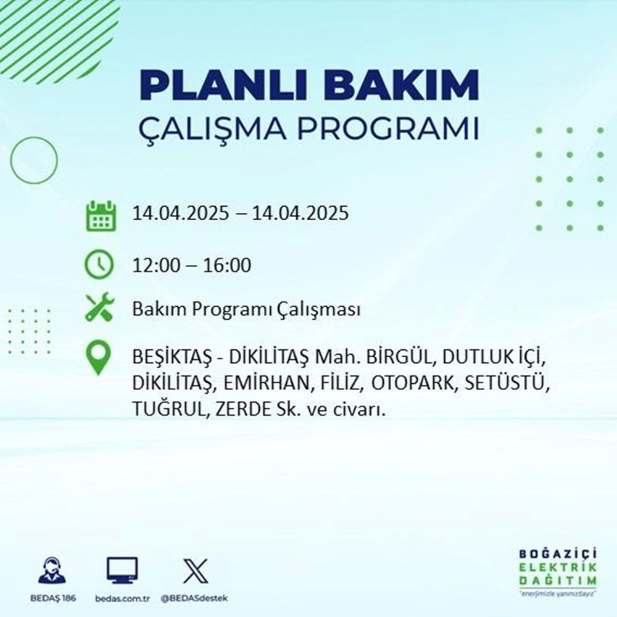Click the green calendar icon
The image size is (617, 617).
(x=99, y=215)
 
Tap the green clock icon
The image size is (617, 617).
(x=99, y=265)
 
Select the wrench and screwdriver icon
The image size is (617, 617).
(x=99, y=308)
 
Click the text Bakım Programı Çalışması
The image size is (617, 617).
(x=246, y=310)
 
